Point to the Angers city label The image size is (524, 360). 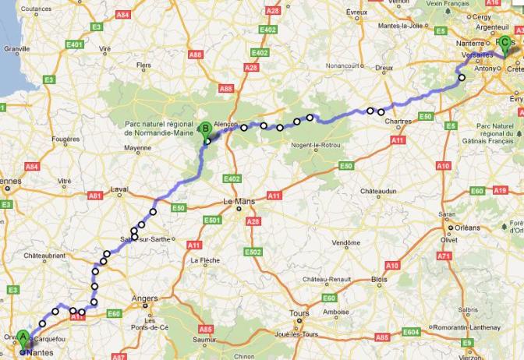[x=145, y=298]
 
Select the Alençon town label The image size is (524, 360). [x=225, y=124]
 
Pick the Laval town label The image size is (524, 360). [x=119, y=189]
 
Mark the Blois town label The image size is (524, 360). [x=380, y=279]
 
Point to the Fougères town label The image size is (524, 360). [x=65, y=139]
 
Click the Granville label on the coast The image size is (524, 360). [x=16, y=48]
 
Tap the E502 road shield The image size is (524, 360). [x=252, y=252]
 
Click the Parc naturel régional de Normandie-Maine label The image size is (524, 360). [x=159, y=128]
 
